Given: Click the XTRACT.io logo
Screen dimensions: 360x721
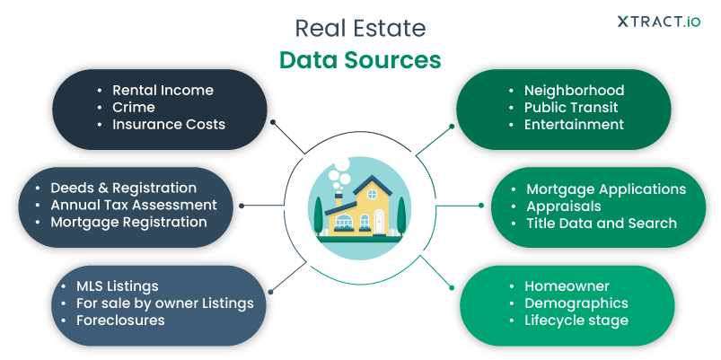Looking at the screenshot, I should (x=658, y=22).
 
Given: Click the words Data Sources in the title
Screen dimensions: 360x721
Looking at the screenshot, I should (x=360, y=59).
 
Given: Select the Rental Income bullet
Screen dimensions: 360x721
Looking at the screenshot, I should (x=163, y=90).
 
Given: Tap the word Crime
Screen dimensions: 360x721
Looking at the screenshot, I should (x=134, y=107).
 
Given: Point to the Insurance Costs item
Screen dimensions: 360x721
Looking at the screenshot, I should (x=168, y=124).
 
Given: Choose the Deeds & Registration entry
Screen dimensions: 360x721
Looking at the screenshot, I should (x=123, y=188).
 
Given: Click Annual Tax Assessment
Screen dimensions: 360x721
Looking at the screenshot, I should (x=133, y=205).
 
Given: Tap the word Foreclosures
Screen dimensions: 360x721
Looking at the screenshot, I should (x=119, y=320).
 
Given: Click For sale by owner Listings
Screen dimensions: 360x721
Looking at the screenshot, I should (x=163, y=303).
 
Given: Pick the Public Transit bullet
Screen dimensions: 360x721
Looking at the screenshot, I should (x=571, y=107).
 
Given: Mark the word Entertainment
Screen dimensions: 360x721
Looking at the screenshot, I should (x=574, y=124).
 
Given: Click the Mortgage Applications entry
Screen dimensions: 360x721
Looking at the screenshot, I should (x=606, y=189).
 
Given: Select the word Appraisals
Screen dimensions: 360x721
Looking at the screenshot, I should (x=565, y=206).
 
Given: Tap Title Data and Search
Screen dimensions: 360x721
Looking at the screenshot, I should (x=602, y=222).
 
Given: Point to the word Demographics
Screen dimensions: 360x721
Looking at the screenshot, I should (x=576, y=303).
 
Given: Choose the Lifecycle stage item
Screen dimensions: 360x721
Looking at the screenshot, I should (x=576, y=320).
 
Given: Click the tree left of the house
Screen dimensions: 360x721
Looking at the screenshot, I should (x=318, y=215).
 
